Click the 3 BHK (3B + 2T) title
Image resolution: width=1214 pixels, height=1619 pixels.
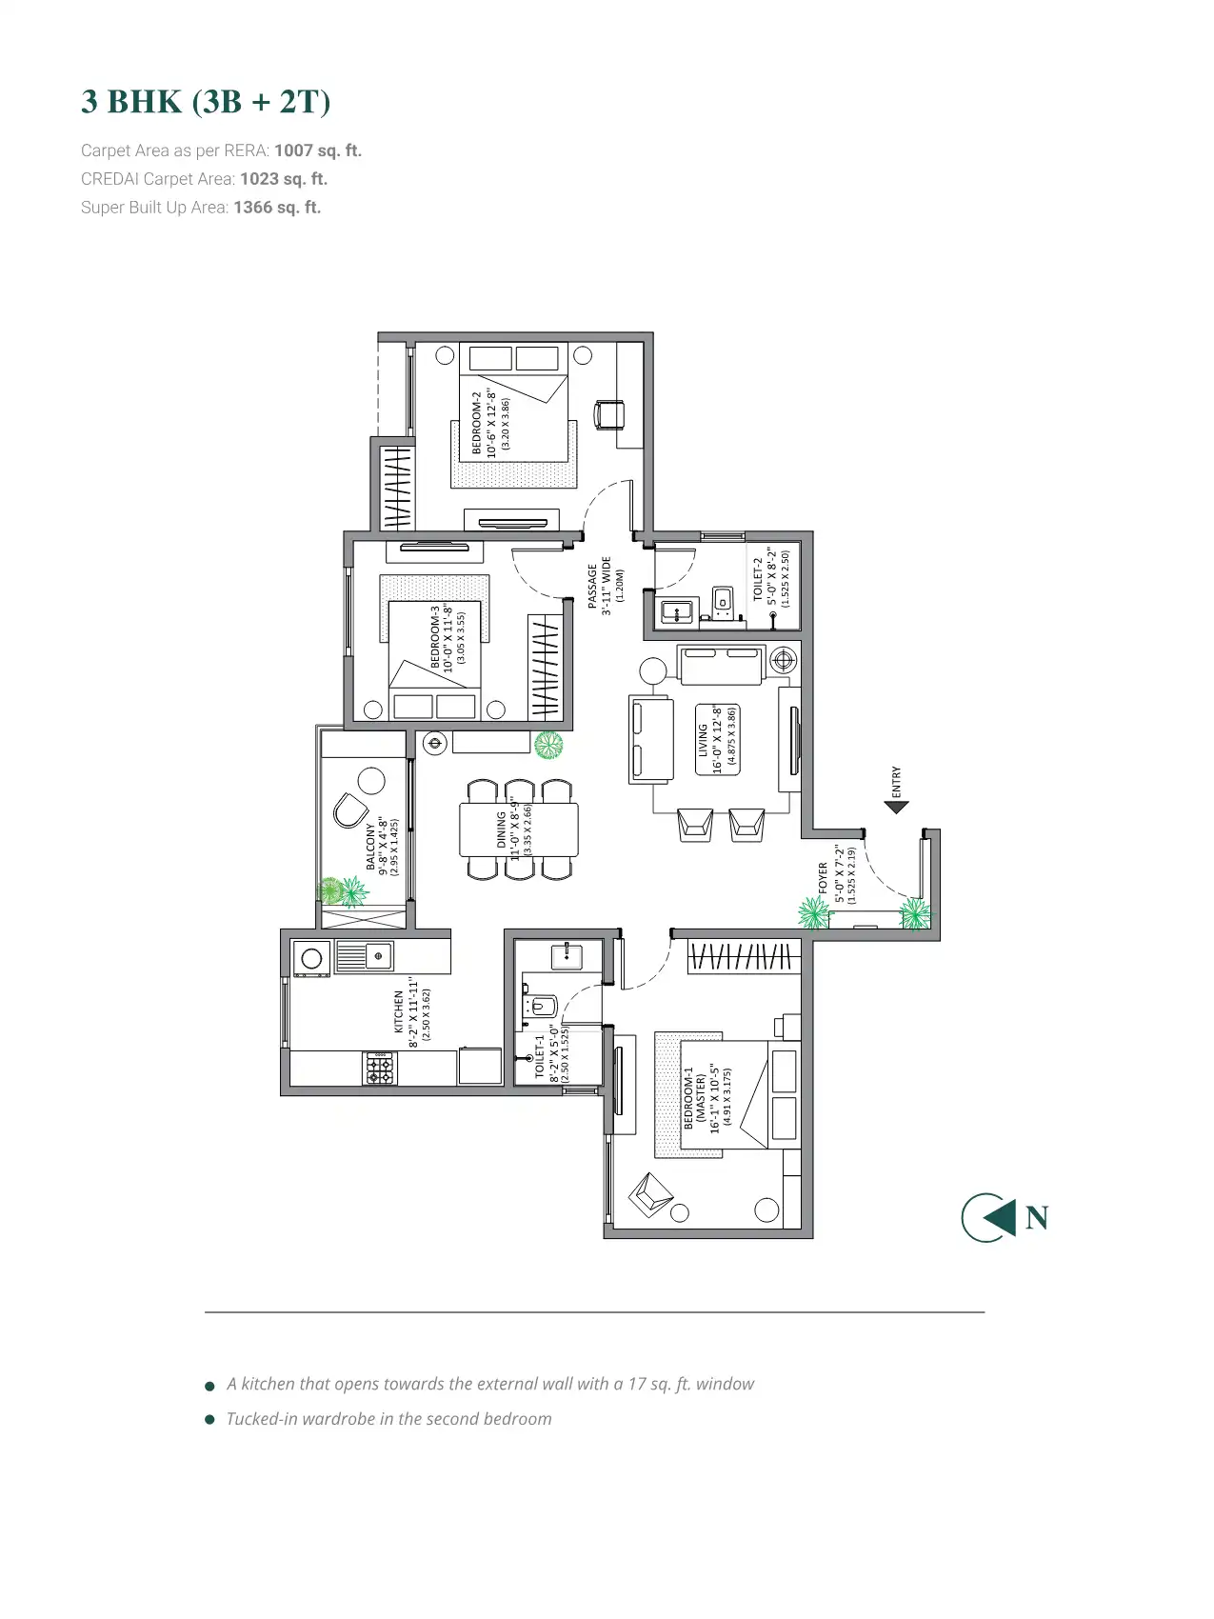[206, 101]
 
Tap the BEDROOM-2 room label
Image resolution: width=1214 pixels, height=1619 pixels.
[478, 422]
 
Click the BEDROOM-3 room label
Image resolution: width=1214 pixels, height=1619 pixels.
[435, 638]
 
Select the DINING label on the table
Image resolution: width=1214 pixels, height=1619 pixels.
[501, 829]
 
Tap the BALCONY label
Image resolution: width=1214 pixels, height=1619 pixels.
[370, 847]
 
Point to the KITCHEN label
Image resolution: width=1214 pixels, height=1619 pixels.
[399, 1011]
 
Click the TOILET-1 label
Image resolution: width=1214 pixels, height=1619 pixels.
[540, 1055]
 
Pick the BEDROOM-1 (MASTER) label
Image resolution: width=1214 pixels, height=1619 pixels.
[695, 1097]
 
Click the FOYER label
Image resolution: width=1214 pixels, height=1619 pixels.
[824, 877]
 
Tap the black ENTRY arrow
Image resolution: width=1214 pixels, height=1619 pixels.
[896, 807]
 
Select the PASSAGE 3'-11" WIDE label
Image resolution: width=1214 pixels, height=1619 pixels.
[599, 586]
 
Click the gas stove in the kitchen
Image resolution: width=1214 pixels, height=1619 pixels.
[380, 1068]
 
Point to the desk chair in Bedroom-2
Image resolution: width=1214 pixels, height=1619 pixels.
[609, 414]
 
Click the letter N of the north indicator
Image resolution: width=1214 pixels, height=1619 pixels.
[1037, 1217]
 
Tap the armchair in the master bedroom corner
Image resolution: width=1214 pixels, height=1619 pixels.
[651, 1194]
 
